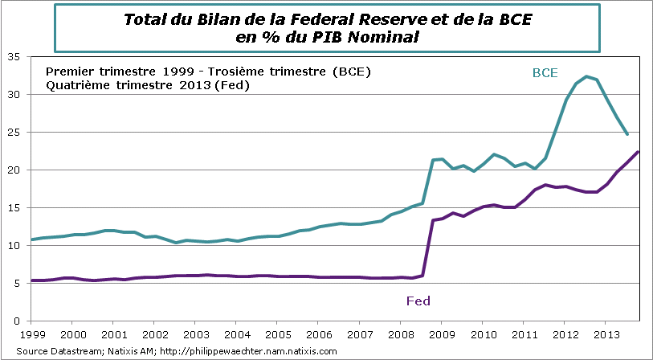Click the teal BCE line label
pyautogui.click(x=545, y=72)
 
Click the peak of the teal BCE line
pyautogui.click(x=586, y=76)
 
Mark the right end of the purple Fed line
pyautogui.click(x=638, y=152)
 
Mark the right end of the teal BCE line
pyautogui.click(x=627, y=134)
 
